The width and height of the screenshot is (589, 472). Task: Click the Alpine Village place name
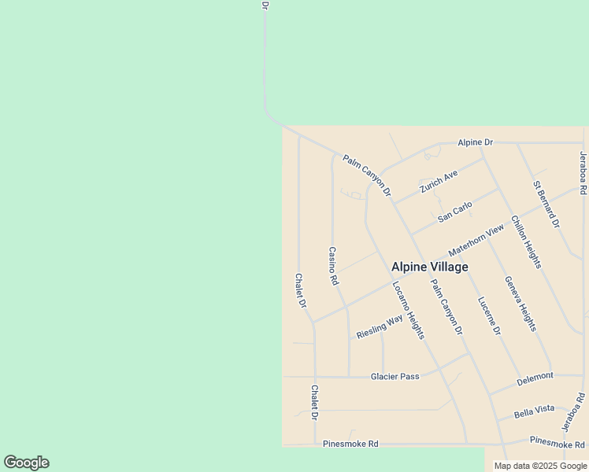tap(430, 267)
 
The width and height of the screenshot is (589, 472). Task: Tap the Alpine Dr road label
tap(476, 142)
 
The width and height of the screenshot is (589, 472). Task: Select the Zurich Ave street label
tap(439, 181)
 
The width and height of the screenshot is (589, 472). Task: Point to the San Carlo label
tap(455, 212)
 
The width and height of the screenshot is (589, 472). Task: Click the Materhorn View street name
tap(476, 240)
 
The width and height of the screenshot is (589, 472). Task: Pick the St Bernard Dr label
tap(546, 205)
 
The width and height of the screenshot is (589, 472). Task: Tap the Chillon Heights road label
tap(526, 242)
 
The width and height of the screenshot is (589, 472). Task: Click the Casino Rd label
tap(333, 265)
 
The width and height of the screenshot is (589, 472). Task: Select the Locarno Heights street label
tap(409, 310)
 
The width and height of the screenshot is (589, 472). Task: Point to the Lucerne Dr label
tap(489, 316)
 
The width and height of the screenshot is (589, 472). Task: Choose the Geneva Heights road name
tap(520, 303)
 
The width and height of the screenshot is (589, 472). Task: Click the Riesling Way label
tap(380, 326)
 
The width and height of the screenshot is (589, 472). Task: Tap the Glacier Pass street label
tap(395, 376)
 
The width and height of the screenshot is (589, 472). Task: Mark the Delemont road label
tap(535, 378)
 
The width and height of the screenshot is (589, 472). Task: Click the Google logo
tap(26, 463)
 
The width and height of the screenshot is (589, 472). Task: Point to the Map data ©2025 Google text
tap(540, 466)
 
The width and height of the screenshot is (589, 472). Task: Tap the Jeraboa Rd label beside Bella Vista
tap(575, 411)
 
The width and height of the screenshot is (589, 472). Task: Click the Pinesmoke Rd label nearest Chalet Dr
tap(350, 444)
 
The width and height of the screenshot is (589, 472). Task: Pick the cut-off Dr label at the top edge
tap(265, 5)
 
